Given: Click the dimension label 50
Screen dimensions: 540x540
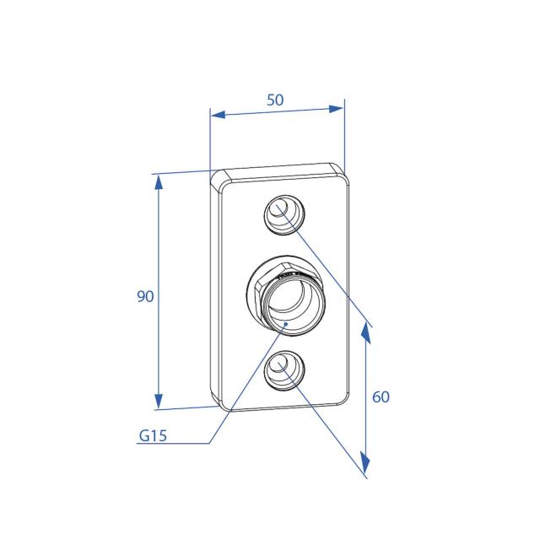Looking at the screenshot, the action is click(x=275, y=100).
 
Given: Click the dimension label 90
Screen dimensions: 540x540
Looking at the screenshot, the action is click(x=145, y=296).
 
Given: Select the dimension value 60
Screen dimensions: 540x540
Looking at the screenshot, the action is click(x=381, y=397).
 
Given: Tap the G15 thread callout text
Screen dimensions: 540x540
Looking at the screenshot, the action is click(x=153, y=435).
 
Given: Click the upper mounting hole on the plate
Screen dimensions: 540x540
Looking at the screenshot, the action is click(x=284, y=214).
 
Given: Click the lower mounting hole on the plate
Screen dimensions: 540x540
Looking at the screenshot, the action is click(x=284, y=370).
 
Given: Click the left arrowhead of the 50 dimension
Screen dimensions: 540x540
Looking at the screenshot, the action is click(x=218, y=114).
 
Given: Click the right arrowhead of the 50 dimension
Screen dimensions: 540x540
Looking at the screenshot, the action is click(x=336, y=109).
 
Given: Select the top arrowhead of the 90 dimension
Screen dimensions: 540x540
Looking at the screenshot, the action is click(x=159, y=181).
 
